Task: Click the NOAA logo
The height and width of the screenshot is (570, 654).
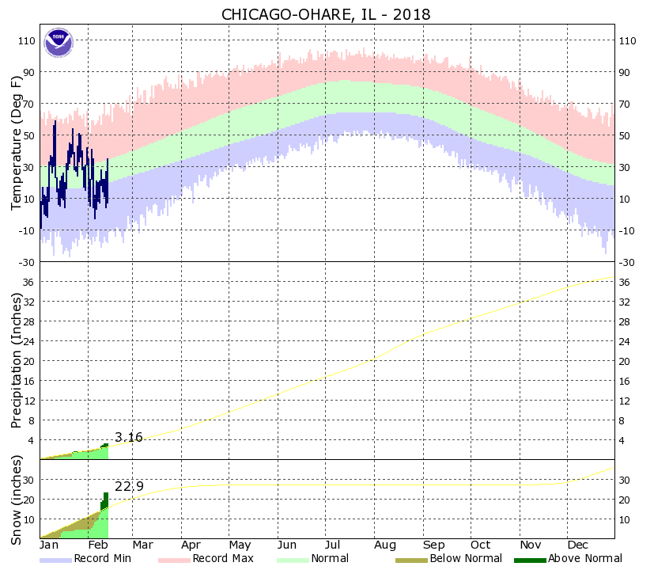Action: coord(58,43)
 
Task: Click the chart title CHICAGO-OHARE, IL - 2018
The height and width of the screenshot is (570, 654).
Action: coord(327,15)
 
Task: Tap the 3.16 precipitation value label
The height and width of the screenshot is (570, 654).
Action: coord(129,437)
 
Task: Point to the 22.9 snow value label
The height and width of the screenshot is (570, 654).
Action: coord(129,486)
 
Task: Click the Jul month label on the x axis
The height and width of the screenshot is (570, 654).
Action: coord(337,545)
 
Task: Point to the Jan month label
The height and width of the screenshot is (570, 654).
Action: coord(50,545)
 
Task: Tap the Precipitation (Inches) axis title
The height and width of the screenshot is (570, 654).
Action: coord(17,361)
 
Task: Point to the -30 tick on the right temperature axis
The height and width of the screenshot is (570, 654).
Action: coord(627,262)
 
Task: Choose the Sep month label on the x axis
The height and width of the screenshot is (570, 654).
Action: coord(433,545)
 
